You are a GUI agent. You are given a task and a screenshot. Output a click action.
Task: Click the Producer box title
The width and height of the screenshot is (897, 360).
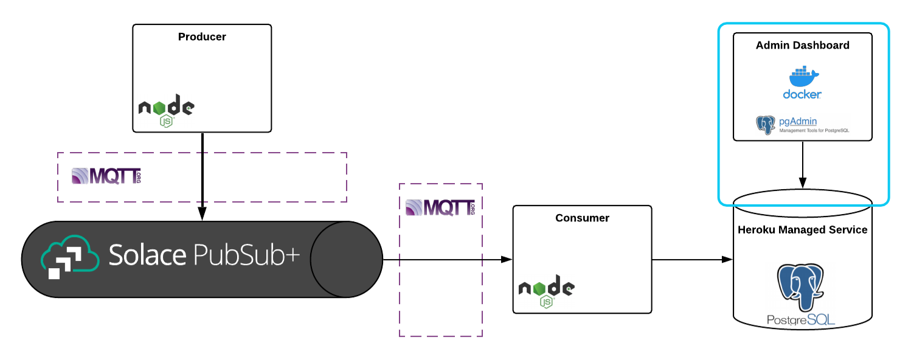point(202,37)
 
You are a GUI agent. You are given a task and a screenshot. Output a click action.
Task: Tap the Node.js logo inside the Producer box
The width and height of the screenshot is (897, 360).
point(166,110)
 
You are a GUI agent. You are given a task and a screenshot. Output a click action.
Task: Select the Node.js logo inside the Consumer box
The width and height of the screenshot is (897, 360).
point(546,291)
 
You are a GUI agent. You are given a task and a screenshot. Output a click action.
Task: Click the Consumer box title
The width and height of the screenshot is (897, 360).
point(582,218)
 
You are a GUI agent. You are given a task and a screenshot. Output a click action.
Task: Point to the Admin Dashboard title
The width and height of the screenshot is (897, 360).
point(802,46)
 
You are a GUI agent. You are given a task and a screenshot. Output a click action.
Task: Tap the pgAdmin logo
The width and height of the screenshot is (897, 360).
point(765,125)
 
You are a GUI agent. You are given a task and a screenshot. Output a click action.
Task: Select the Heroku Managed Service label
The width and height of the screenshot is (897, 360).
point(802,230)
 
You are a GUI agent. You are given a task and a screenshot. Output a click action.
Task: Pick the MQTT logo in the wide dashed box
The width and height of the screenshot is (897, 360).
point(106,176)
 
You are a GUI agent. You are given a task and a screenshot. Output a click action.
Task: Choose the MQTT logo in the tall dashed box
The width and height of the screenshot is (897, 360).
point(440,207)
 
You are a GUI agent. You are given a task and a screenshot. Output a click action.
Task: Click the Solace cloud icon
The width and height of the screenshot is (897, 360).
point(69,257)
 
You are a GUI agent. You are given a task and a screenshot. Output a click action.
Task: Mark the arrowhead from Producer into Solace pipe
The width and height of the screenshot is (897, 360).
point(202,214)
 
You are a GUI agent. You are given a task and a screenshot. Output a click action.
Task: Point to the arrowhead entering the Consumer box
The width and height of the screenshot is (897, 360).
point(507,260)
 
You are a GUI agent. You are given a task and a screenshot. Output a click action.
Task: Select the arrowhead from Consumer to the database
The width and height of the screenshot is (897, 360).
point(727,260)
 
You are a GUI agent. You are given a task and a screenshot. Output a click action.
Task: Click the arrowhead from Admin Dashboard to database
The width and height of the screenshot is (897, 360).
point(802,182)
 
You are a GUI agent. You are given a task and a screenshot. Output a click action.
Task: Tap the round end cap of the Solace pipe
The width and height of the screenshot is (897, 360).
point(346,260)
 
